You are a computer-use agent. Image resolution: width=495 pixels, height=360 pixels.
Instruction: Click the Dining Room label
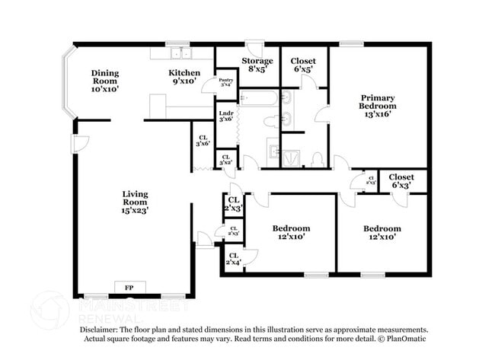click(x=106, y=81)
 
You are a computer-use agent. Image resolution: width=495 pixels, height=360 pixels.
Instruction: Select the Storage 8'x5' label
click(x=257, y=65)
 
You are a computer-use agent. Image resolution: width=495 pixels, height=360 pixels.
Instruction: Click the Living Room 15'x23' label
click(x=135, y=202)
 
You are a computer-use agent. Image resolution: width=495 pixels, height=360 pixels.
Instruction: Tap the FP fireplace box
click(x=129, y=288)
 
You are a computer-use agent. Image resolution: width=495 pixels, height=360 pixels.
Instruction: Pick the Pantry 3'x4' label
click(x=226, y=83)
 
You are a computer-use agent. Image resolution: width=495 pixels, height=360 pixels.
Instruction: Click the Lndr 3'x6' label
click(x=226, y=116)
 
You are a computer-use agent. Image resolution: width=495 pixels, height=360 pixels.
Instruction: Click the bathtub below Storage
click(x=259, y=98)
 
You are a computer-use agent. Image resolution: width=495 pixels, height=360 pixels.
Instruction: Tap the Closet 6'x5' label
click(x=305, y=65)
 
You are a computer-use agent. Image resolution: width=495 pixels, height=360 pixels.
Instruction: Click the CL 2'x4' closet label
click(x=232, y=260)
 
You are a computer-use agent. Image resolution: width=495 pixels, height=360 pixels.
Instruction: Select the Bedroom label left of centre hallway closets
click(x=292, y=232)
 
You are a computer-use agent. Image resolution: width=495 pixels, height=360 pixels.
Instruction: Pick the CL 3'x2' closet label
click(x=226, y=160)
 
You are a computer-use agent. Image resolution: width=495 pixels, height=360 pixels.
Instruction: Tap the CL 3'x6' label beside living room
click(x=202, y=140)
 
